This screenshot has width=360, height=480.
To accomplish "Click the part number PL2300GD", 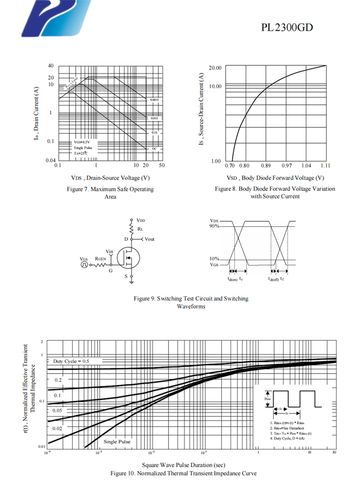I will (287, 27).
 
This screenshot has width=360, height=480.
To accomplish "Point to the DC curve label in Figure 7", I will (154, 149).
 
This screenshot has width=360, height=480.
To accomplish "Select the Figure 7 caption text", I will (110, 193).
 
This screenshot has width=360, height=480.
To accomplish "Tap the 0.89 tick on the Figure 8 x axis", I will (266, 166).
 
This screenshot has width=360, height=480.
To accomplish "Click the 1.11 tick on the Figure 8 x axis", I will (325, 166).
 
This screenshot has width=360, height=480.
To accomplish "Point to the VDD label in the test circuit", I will (141, 220).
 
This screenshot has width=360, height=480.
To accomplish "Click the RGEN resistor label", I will (100, 259).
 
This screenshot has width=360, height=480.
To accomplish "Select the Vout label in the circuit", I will (149, 239).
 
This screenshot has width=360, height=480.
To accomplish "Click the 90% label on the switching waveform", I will (214, 226).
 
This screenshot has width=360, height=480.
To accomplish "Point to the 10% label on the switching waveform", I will (214, 259).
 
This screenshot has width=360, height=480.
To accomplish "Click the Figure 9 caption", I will (191, 302).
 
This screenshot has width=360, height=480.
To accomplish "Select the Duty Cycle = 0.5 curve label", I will (71, 360).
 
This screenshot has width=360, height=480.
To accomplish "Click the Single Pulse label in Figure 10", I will (117, 442).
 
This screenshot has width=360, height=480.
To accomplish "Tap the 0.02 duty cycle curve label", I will (57, 428).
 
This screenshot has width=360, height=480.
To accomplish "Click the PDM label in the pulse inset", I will (268, 399).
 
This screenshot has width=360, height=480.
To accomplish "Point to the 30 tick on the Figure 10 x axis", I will (334, 452).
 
